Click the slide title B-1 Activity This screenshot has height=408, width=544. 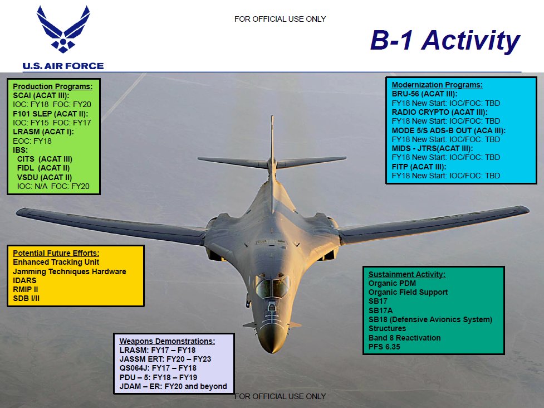(444, 41)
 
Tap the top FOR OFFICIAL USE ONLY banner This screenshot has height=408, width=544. (280, 19)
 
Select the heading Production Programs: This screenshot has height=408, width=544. (52, 87)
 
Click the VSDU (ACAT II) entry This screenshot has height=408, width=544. (45, 177)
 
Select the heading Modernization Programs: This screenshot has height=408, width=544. (437, 85)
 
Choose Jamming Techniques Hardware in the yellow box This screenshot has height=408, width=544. (69, 271)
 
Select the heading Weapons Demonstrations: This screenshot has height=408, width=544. (167, 341)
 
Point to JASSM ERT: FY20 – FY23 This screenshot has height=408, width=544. (165, 360)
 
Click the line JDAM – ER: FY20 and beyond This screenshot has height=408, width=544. (173, 386)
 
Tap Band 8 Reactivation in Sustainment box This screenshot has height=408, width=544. (404, 338)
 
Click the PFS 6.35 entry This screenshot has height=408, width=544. (384, 347)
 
